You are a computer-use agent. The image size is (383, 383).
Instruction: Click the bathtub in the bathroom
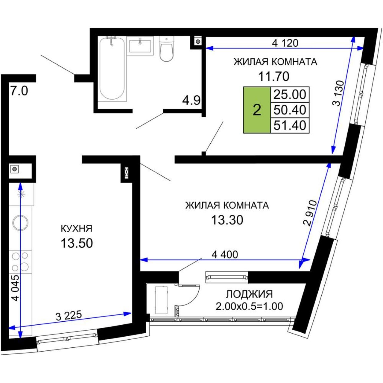tap(112, 69)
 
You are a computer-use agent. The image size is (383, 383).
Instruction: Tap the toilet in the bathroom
tap(167, 49)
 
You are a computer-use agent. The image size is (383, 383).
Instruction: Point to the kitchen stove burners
tap(20, 262)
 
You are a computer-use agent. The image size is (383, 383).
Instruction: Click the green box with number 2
tap(257, 110)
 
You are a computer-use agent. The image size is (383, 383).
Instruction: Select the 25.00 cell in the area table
tap(290, 95)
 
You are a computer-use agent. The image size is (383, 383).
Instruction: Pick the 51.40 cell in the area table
tap(290, 125)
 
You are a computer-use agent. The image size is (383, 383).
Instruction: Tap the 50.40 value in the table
tap(290, 110)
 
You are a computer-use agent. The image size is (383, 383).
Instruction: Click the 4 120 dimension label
tap(285, 43)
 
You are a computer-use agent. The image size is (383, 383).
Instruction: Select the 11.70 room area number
tap(273, 76)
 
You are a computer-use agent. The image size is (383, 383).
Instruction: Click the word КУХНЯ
tap(77, 229)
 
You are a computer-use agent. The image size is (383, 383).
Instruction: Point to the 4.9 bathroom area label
tap(191, 101)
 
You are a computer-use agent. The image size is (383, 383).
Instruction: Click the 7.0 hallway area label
tap(19, 91)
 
